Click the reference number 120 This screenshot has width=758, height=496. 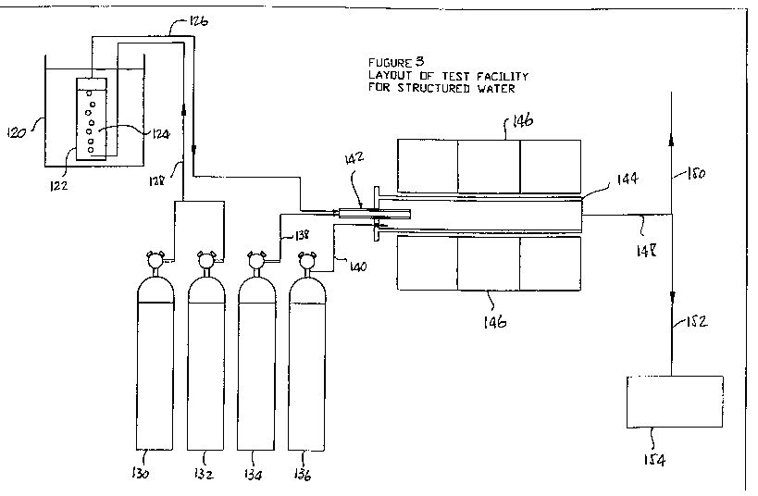tap(16, 132)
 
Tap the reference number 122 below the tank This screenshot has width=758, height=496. tap(58, 185)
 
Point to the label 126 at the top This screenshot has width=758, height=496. tap(198, 20)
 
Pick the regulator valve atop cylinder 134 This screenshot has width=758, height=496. tap(256, 260)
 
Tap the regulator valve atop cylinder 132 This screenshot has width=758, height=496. tap(206, 260)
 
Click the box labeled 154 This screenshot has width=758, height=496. tap(675, 402)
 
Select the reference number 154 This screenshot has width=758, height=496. tap(654, 460)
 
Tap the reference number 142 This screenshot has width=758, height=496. tap(354, 157)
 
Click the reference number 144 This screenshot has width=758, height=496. tap(628, 179)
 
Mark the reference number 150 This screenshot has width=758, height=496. tap(696, 173)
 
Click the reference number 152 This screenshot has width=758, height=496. tap(697, 321)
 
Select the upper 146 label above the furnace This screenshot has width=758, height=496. tap(522, 120)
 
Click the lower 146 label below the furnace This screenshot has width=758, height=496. tap(495, 321)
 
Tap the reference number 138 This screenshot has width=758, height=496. tap(302, 235)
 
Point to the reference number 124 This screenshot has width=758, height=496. tap(161, 134)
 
